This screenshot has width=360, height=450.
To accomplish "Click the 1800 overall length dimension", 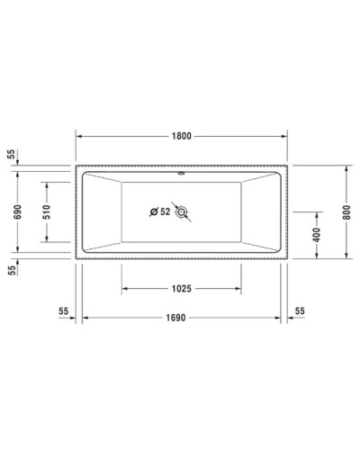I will [x=183, y=135].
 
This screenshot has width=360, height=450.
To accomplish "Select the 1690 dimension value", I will [x=183, y=319].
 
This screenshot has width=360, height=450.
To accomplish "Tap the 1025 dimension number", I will [x=183, y=289].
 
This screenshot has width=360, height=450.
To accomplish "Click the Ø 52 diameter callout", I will [x=159, y=211].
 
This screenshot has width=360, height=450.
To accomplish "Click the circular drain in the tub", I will [x=184, y=212].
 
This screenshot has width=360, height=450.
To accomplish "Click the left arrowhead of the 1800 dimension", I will [x=76, y=135].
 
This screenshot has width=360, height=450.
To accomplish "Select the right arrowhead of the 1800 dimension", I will [x=287, y=135].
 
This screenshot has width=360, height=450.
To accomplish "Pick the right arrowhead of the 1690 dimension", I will [x=280, y=319].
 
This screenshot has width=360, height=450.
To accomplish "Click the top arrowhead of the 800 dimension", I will [x=345, y=168].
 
